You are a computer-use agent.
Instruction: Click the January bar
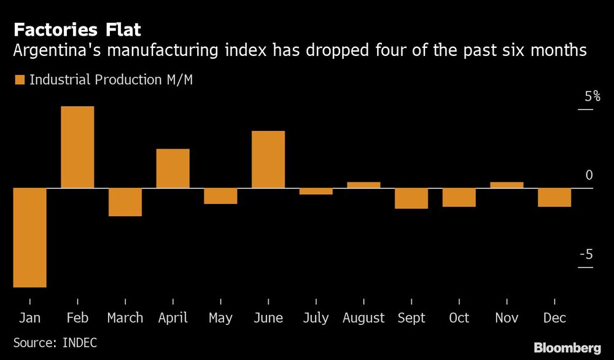pyautogui.click(x=29, y=237)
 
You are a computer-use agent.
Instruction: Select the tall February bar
pyautogui.click(x=77, y=147)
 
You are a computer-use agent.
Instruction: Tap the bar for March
pyautogui.click(x=125, y=202)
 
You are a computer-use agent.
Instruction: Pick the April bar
pyautogui.click(x=173, y=168)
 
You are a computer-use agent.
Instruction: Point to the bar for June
pyautogui.click(x=268, y=159)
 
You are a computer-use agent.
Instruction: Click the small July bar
pyautogui.click(x=316, y=191)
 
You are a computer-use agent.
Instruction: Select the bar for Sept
pyautogui.click(x=411, y=198)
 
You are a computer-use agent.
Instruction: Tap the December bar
pyautogui.click(x=554, y=197)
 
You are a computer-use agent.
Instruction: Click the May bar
pyautogui.click(x=220, y=196)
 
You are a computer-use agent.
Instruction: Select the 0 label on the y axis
pyautogui.click(x=589, y=176)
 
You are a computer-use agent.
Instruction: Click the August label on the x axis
pyautogui.click(x=363, y=318)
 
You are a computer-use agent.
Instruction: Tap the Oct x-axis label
pyautogui.click(x=459, y=318)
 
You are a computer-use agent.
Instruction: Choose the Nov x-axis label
pyautogui.click(x=507, y=318)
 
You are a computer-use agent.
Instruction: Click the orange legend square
pyautogui.click(x=19, y=80)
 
